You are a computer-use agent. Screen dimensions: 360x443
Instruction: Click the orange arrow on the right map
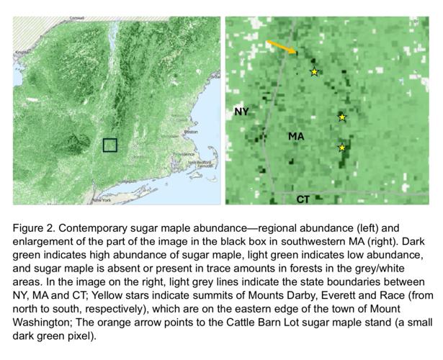click(281, 48)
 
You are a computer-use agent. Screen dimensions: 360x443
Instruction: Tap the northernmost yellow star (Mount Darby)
click(314, 72)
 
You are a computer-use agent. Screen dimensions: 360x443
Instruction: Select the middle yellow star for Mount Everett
click(342, 117)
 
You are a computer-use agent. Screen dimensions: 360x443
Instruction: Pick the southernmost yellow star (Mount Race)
click(342, 148)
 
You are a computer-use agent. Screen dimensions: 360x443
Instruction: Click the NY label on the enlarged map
click(241, 112)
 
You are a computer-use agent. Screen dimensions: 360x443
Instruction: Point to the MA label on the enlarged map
click(296, 135)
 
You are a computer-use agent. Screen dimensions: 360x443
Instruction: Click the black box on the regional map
click(109, 145)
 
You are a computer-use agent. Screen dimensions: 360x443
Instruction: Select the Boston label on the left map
click(191, 132)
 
